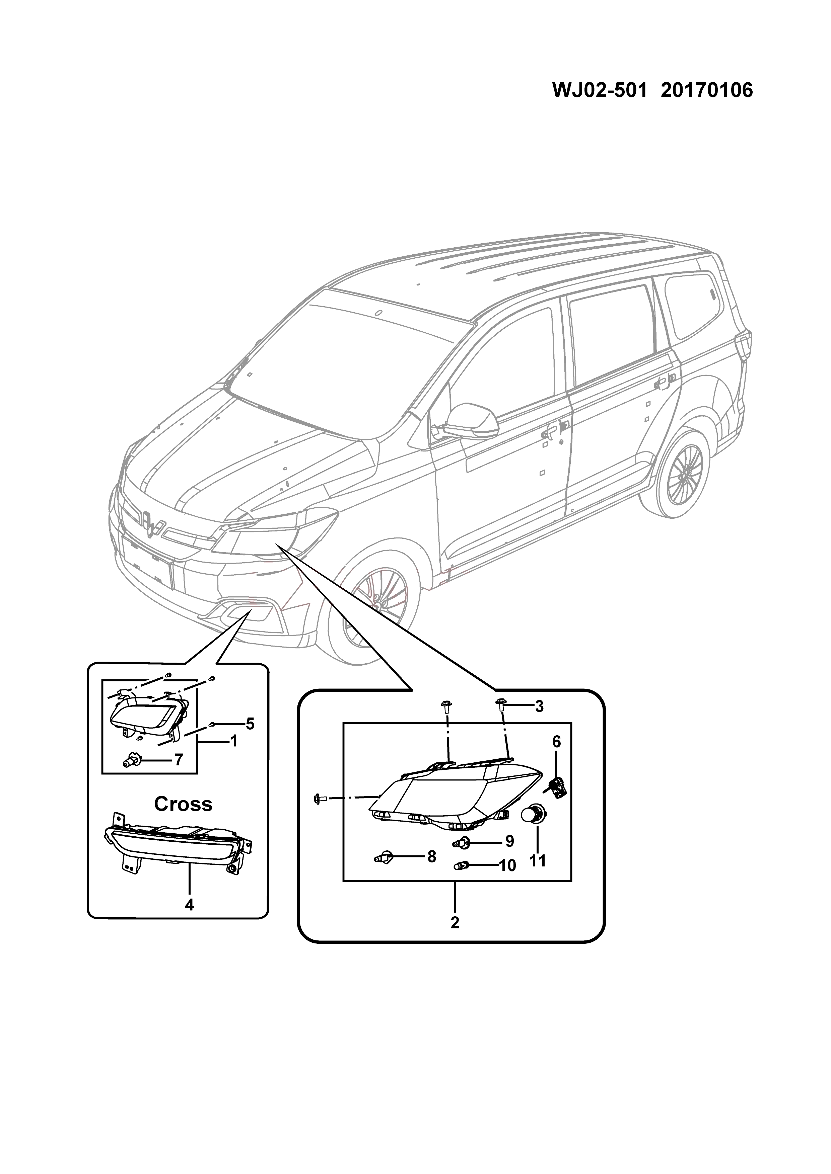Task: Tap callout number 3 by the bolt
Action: pos(539,707)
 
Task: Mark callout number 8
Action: pos(431,856)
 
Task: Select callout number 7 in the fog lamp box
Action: pos(178,774)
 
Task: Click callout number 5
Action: pos(250,724)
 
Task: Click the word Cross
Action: pos(183,804)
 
